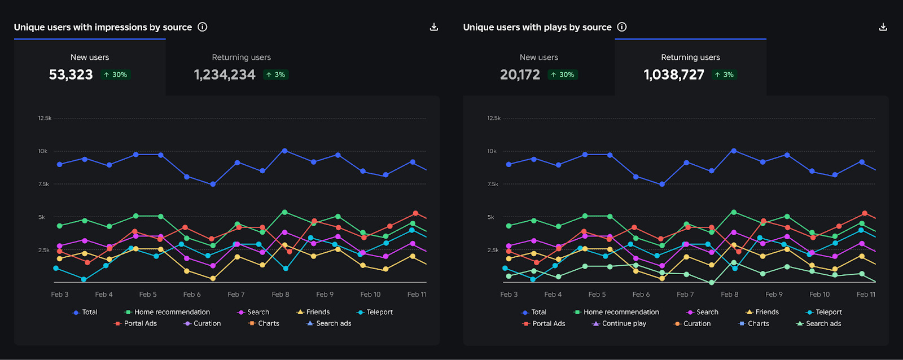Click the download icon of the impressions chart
pos(434,27)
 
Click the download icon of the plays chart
pos(883,27)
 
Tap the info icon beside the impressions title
pos(203,27)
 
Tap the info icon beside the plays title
pos(622,27)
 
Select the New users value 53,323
pos(71,74)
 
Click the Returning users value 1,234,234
pos(225,74)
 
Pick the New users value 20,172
pos(520,74)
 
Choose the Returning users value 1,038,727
pos(674,74)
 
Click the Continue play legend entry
pos(619,324)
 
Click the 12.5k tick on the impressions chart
pos(45,118)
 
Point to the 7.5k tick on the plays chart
pos(493,185)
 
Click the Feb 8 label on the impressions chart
pos(280,295)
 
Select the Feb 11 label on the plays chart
pos(866,295)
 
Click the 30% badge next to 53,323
pos(116,74)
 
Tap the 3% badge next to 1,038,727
pos(724,74)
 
